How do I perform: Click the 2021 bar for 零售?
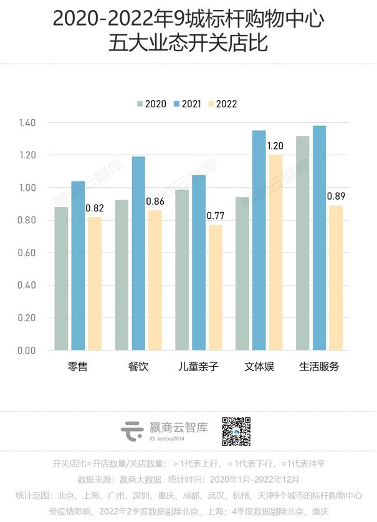pyautogui.click(x=78, y=265)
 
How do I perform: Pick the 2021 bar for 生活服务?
pyautogui.click(x=319, y=238)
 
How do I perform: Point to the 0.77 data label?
pyautogui.click(x=215, y=216)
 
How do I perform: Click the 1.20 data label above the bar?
pyautogui.click(x=275, y=146)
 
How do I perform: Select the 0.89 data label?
pyautogui.click(x=336, y=196)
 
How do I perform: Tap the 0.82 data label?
pyautogui.click(x=95, y=208)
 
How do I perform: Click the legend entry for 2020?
pyautogui.click(x=151, y=104)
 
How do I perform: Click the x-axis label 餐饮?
pyautogui.click(x=138, y=367)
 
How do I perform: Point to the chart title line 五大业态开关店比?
pyautogui.click(x=188, y=45)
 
